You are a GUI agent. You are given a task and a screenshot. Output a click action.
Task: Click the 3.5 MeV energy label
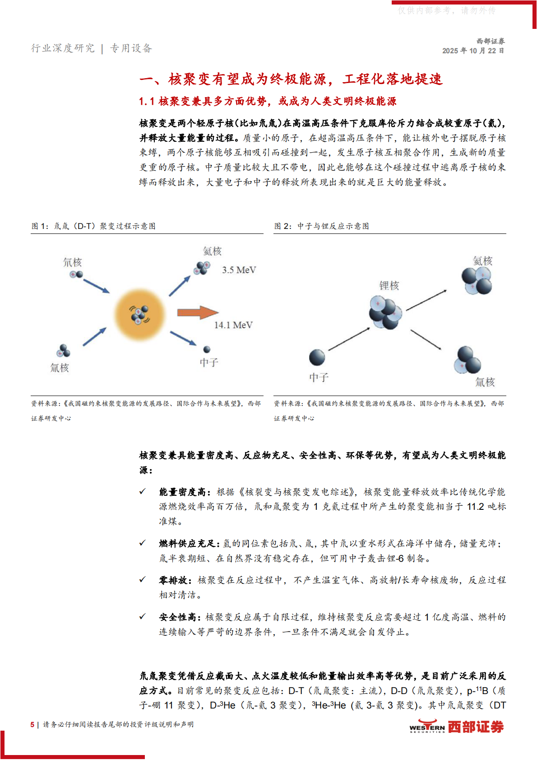click(239, 270)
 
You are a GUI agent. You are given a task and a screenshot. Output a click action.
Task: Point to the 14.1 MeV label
click(233, 325)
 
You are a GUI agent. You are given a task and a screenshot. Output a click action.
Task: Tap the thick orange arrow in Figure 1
click(197, 312)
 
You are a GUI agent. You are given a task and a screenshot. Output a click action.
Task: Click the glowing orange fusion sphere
click(140, 314)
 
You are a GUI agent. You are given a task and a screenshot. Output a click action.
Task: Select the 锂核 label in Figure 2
click(389, 285)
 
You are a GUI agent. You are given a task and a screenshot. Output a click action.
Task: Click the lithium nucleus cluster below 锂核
click(385, 312)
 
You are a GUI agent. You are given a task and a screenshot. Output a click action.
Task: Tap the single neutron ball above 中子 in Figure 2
click(317, 358)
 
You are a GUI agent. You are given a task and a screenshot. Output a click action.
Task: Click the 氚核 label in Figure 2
click(485, 382)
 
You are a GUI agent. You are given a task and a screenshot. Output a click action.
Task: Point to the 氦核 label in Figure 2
click(482, 261)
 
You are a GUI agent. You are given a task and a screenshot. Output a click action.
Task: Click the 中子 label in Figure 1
click(209, 362)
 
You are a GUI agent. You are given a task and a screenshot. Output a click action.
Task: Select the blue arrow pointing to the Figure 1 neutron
click(183, 338)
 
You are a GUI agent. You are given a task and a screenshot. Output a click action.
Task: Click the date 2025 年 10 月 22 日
click(473, 51)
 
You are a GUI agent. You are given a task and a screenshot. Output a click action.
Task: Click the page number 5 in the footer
click(32, 724)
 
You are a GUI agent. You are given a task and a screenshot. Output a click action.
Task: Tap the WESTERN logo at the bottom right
click(427, 727)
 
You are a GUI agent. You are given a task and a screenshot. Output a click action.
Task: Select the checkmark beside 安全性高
click(143, 616)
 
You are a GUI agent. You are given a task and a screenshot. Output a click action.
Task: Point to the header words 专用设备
click(131, 48)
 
